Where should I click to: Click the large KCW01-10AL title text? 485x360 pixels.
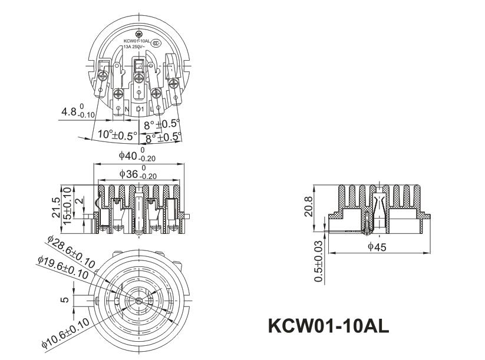coord(328,326)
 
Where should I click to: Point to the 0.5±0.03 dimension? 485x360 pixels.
coord(319,261)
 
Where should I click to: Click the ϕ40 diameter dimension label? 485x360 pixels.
coord(137,156)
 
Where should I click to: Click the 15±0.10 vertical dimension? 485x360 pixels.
coord(67,206)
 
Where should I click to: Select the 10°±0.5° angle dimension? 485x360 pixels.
coord(117,135)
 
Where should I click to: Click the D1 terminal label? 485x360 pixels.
coord(140,110)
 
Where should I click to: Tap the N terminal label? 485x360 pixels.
coord(127,109)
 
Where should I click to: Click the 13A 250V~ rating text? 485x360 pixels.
coord(134,47)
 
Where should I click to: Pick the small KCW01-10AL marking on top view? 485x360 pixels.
coord(136,41)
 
